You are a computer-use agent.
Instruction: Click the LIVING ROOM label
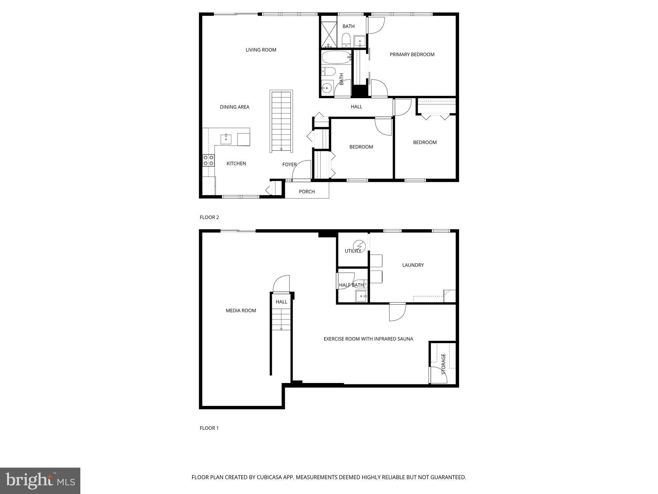(x=261, y=50)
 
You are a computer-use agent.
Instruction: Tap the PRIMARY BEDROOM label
(x=412, y=55)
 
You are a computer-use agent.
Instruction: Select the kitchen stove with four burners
(x=209, y=160)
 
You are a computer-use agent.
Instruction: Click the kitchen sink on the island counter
(x=226, y=139)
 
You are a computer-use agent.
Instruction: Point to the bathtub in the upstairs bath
(x=336, y=58)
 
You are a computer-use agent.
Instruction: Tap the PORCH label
(x=307, y=192)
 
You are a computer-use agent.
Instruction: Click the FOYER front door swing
(x=301, y=170)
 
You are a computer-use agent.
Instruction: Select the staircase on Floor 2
(x=281, y=122)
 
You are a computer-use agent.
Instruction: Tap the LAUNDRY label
(x=413, y=265)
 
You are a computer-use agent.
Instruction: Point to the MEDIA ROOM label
(x=241, y=311)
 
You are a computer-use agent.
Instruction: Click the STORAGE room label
(x=443, y=364)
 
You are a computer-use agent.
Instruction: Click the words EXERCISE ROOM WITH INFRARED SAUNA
(x=368, y=339)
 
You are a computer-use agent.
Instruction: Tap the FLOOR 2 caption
(x=209, y=217)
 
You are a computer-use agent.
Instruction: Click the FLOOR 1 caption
(x=209, y=428)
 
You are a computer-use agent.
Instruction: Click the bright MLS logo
(x=40, y=480)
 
